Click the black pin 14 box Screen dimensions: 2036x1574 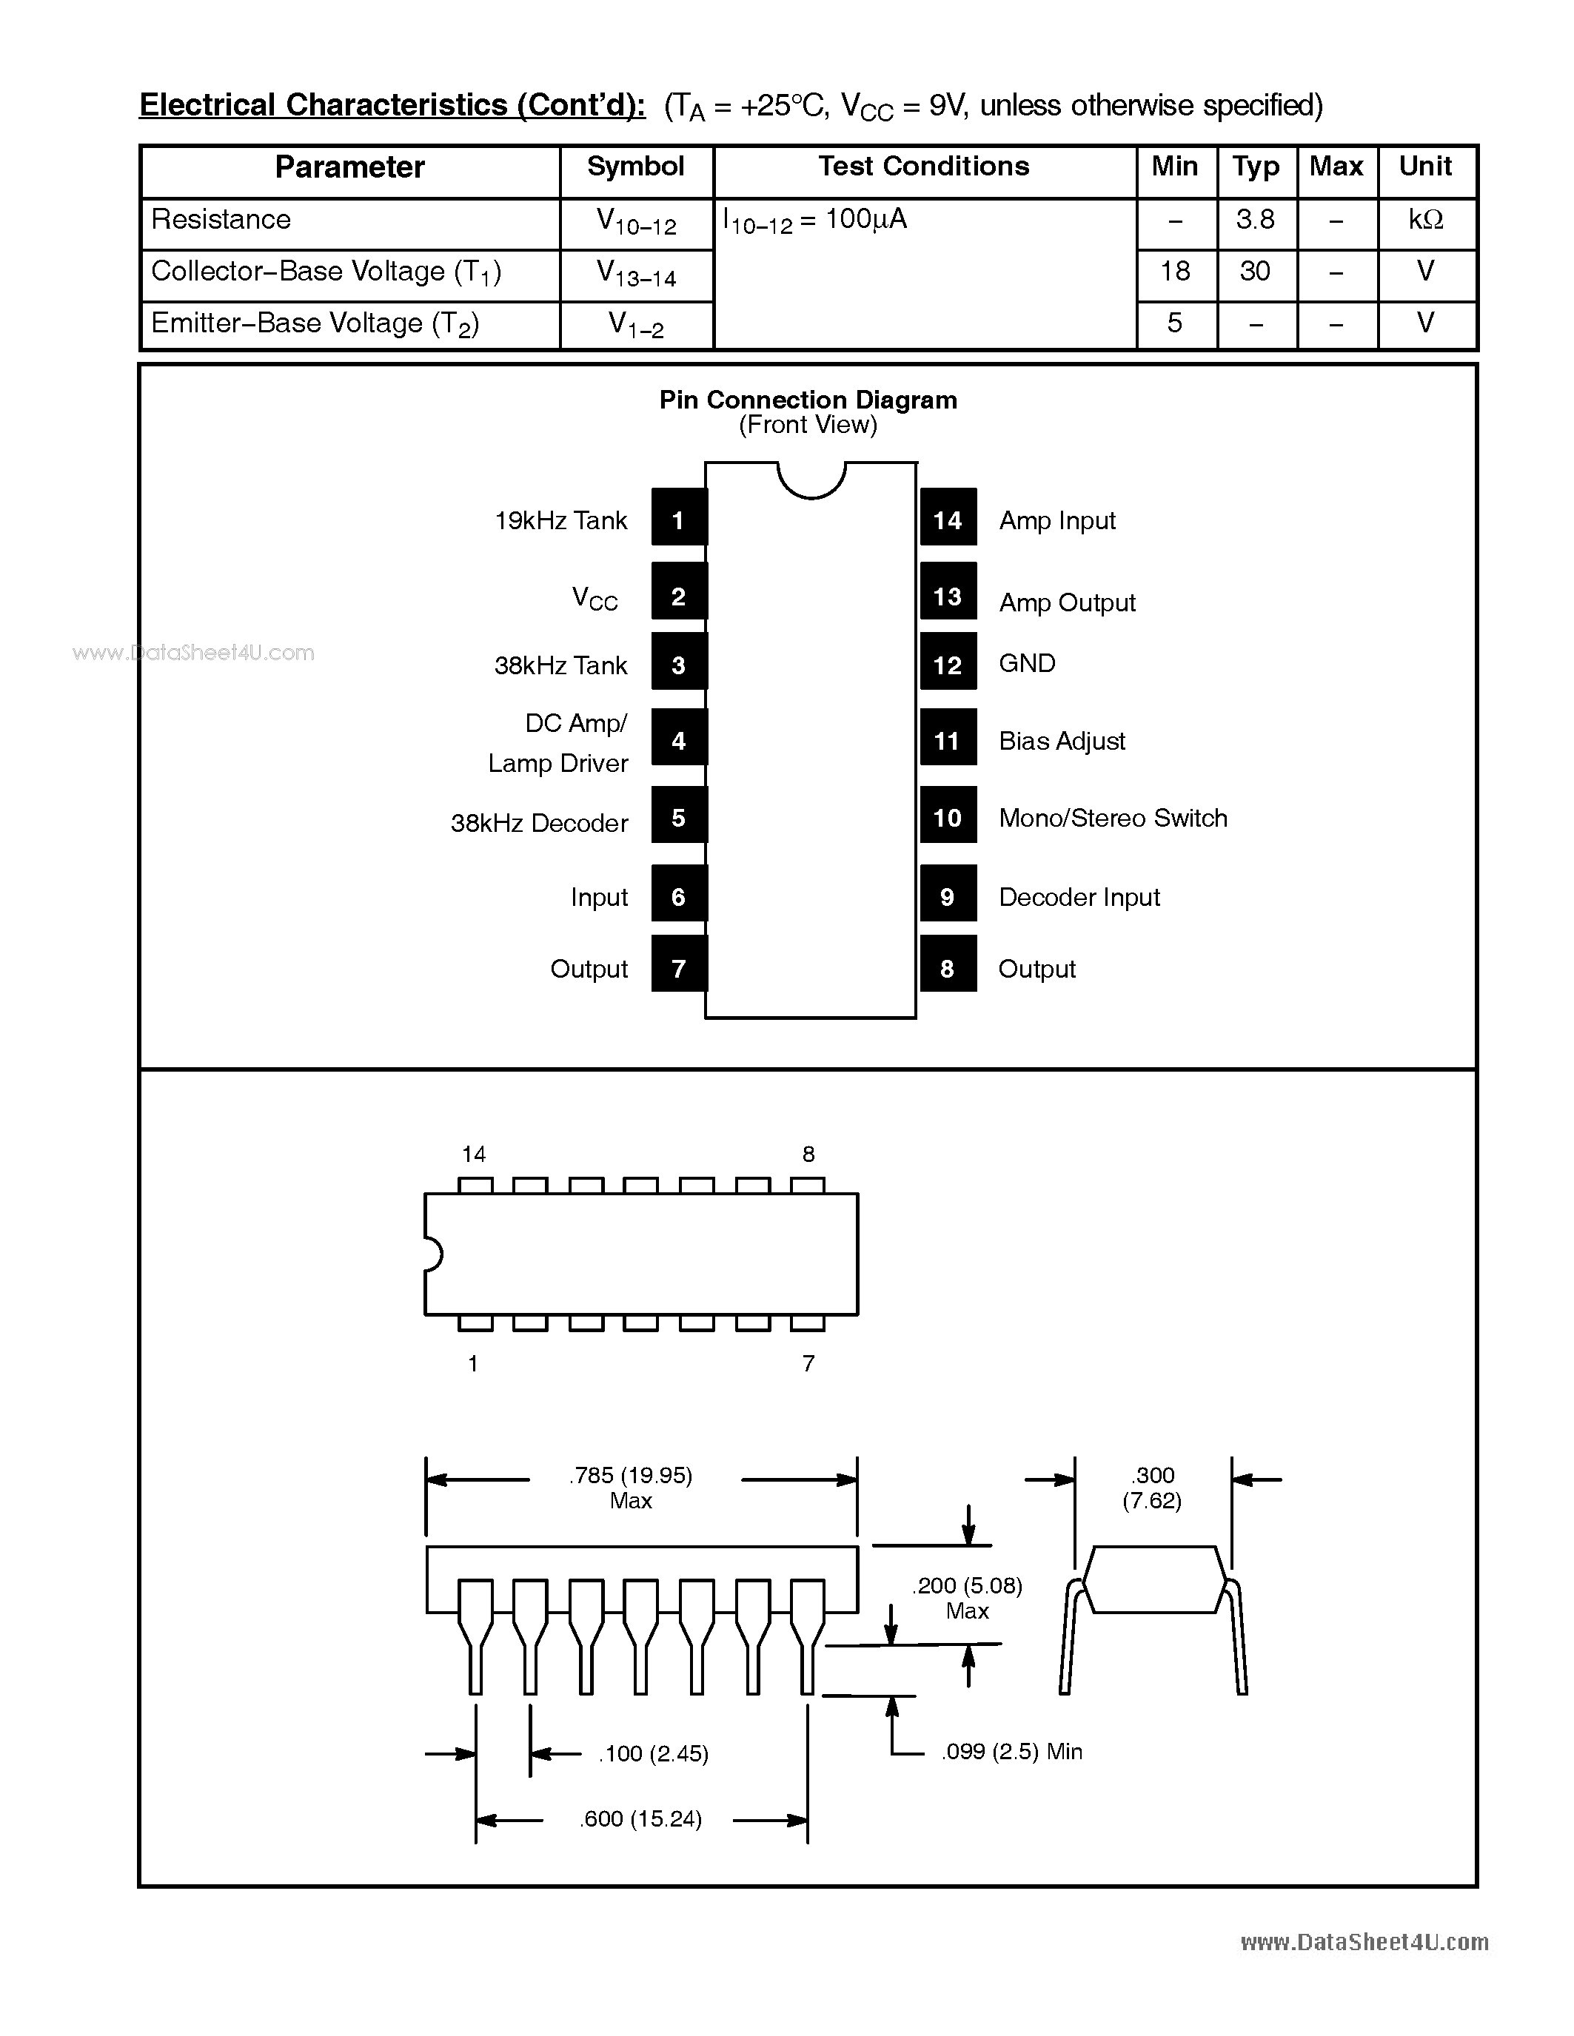pos(948,517)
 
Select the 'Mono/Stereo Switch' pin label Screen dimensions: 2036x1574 pos(1113,818)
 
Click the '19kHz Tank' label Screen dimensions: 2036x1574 pos(560,520)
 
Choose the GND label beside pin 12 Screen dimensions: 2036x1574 pos(1027,664)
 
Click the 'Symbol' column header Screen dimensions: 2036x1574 pos(635,167)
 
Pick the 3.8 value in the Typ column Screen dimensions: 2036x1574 pos(1255,220)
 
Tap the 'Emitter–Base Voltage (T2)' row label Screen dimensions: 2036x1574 pos(315,323)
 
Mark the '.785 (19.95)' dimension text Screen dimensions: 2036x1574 pos(630,1475)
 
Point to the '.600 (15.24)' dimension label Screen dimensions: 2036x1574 pos(640,1819)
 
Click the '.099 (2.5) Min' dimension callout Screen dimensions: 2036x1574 pos(1012,1752)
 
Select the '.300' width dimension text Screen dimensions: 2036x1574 pos(1153,1475)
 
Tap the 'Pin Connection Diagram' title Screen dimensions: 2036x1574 pos(808,400)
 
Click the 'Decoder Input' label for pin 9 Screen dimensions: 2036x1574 pos(1079,897)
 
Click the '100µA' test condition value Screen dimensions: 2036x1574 pos(865,220)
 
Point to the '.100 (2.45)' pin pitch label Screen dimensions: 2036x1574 pos(653,1753)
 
